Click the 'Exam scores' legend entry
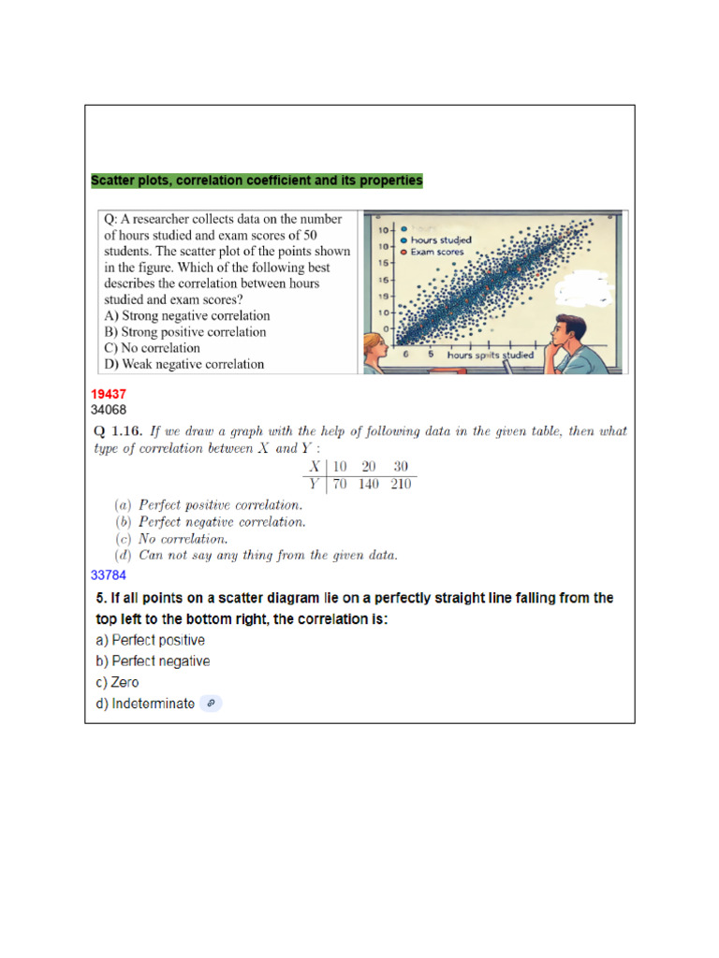(x=436, y=253)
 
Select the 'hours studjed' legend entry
(x=441, y=240)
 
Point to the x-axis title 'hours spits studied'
(x=490, y=356)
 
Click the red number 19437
(x=109, y=395)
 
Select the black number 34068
(x=109, y=409)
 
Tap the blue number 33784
(x=109, y=574)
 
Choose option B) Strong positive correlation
(x=185, y=332)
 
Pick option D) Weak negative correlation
(x=184, y=364)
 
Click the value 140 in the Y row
(x=369, y=485)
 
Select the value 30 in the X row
(x=401, y=467)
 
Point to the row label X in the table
(x=315, y=467)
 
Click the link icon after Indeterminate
(x=212, y=704)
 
